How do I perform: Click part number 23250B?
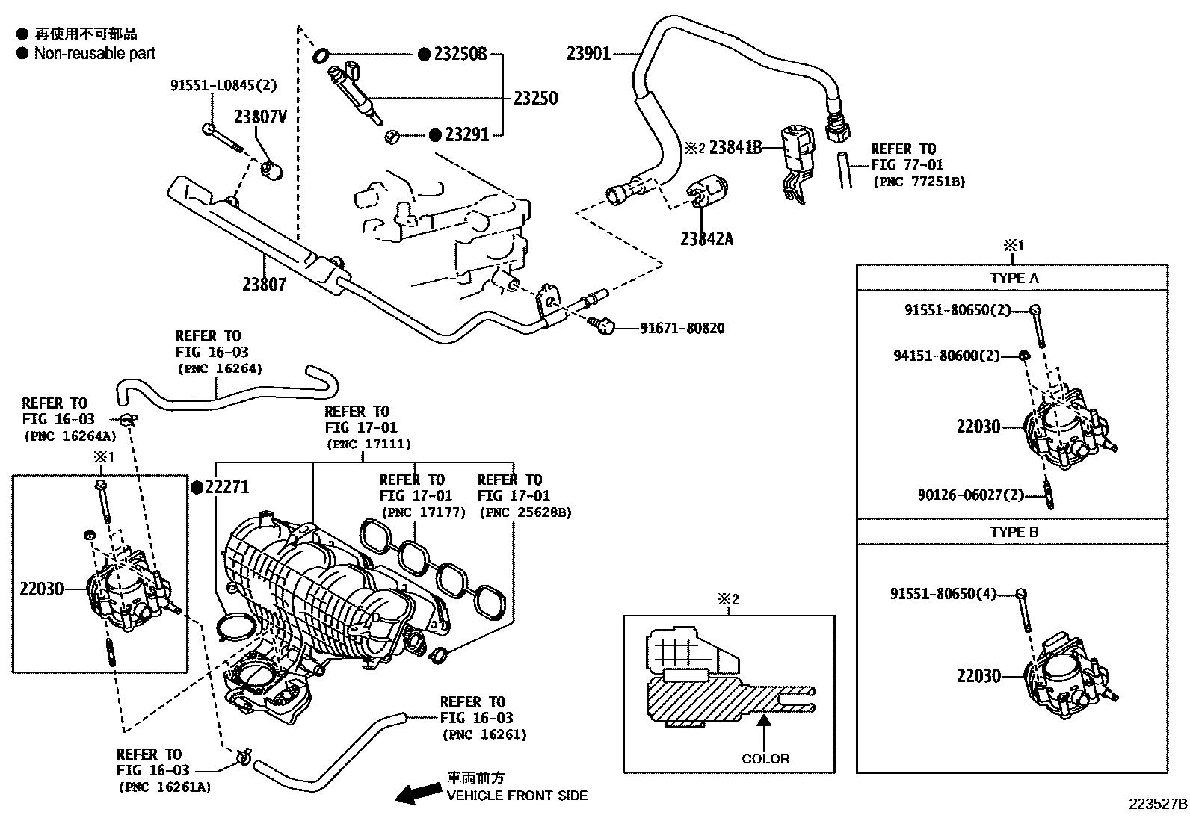pos(460,54)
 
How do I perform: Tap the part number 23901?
pos(588,53)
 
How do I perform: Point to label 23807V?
pos(260,117)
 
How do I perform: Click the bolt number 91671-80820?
pos(681,328)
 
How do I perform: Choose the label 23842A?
pos(706,239)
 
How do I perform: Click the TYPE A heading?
pos(1014,278)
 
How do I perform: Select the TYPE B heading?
pos(1014,532)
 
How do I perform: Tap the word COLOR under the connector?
pos(765,758)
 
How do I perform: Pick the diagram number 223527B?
pos(1158,805)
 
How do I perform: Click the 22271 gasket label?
pos(226,487)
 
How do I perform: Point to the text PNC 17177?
pos(422,512)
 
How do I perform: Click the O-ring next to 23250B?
pos(321,54)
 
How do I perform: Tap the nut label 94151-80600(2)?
pos(946,356)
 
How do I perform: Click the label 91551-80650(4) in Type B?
pos(943,594)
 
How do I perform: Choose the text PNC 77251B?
pos(919,181)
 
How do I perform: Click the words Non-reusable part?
pos(95,53)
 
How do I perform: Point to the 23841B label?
pos(735,148)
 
